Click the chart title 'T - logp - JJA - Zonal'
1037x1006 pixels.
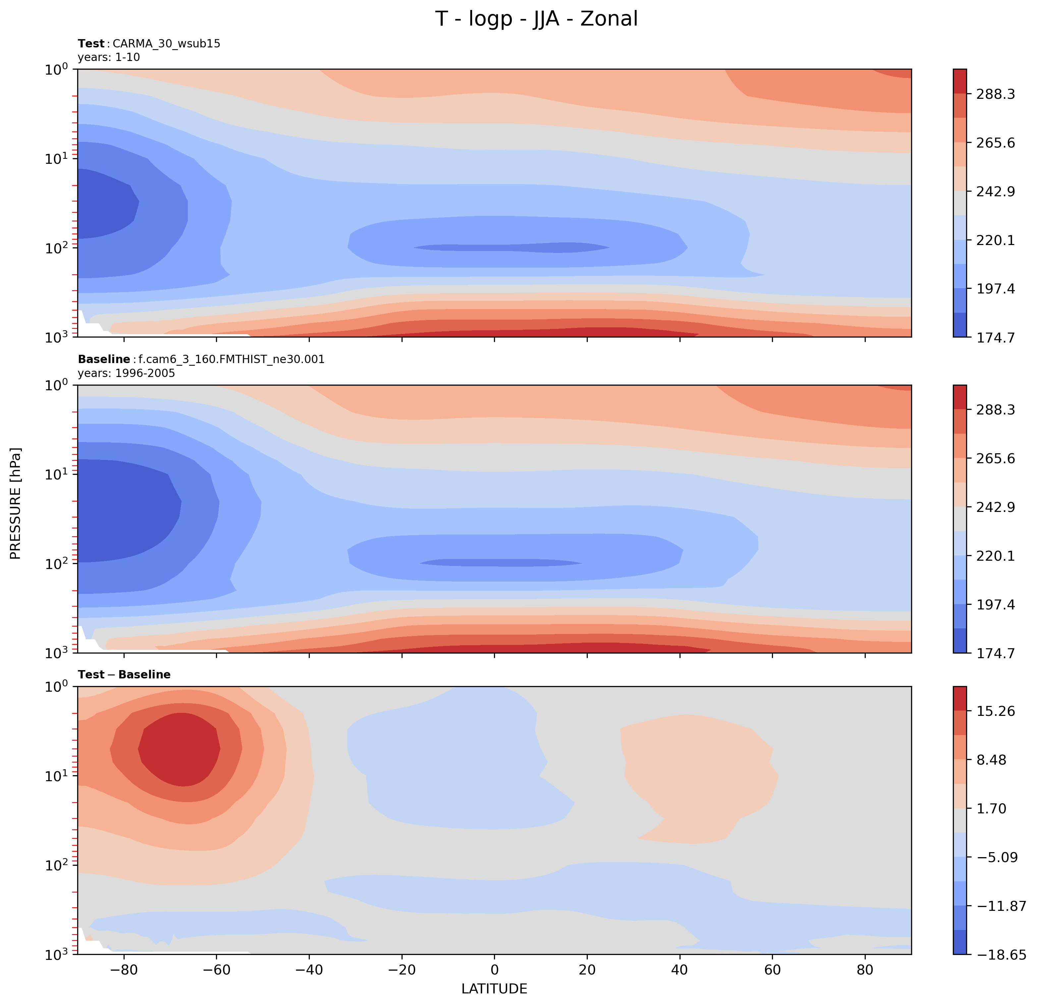pyautogui.click(x=536, y=19)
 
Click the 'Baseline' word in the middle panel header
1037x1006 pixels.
pyautogui.click(x=104, y=359)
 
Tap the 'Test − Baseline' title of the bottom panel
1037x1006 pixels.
pyautogui.click(x=124, y=674)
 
